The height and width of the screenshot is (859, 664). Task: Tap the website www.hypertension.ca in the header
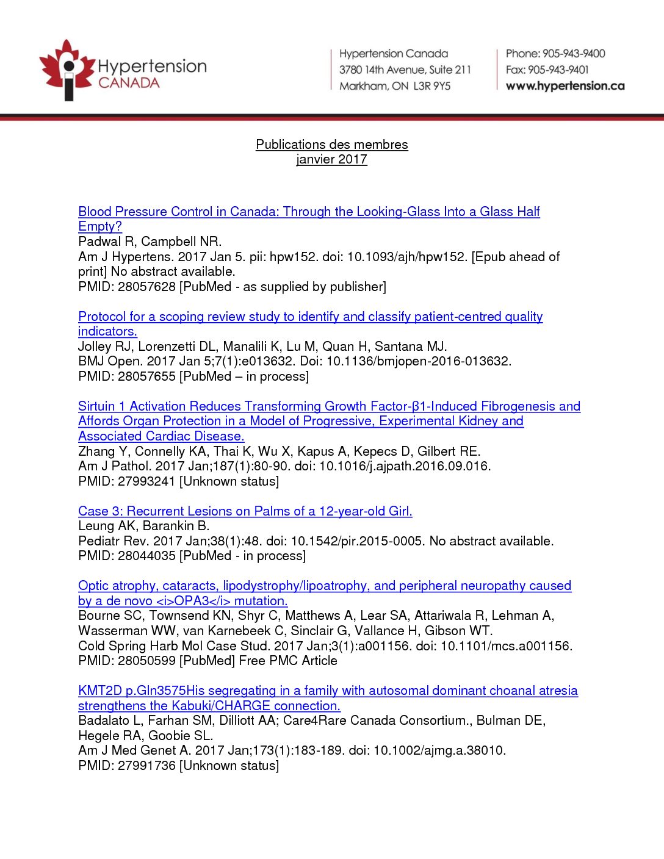565,86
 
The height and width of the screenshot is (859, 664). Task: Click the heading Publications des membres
331,145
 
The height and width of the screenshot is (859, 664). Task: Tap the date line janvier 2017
331,160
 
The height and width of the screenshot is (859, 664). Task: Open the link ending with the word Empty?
100,226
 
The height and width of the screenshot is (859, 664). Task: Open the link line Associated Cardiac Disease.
161,436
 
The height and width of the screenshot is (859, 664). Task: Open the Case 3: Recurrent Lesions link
245,511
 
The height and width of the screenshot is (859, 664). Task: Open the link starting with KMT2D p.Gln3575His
328,691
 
